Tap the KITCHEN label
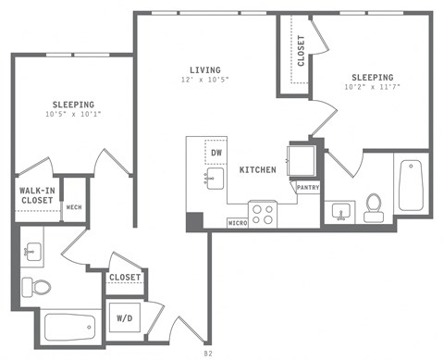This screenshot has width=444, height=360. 260,171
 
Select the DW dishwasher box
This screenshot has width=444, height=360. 216,152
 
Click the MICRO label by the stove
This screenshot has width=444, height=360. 238,223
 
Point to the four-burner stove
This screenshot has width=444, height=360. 264,215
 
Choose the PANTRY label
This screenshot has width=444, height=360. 308,188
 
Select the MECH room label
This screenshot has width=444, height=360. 74,207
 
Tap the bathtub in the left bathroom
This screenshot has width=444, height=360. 70,326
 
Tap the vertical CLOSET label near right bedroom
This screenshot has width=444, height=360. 301,51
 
